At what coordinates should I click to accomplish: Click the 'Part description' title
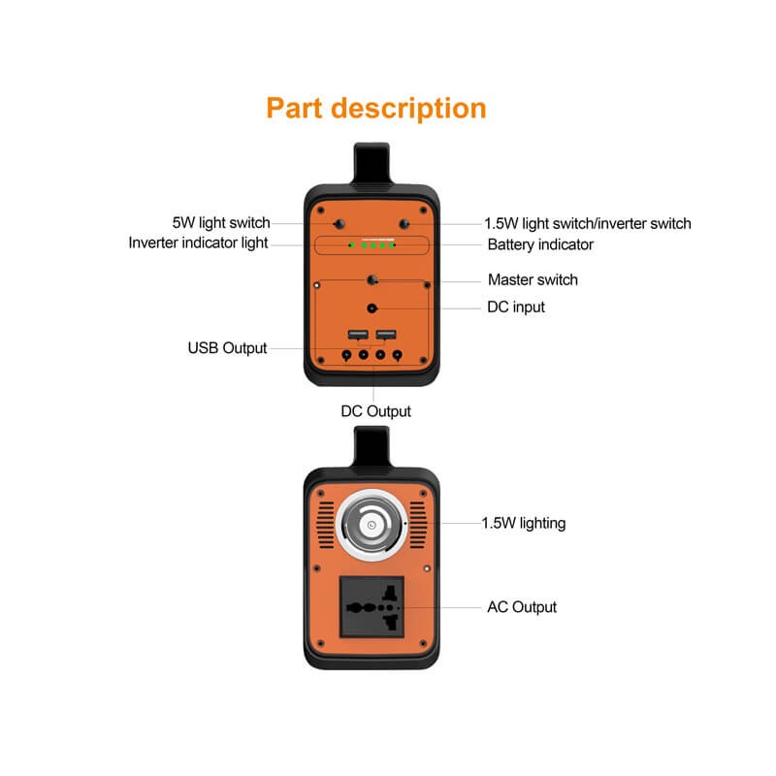coord(376,109)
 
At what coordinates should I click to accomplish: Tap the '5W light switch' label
coord(221,223)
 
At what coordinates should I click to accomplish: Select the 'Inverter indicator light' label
coord(198,243)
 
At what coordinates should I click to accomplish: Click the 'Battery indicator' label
coord(540,244)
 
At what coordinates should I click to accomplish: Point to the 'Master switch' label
coord(533,279)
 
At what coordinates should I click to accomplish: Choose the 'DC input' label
coord(516,307)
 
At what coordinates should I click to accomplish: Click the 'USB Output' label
coord(227,348)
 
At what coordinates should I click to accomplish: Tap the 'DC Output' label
coord(375,411)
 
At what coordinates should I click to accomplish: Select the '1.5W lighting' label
coord(524,523)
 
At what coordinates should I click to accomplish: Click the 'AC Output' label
coord(522,607)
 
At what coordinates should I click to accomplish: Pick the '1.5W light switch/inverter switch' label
coord(588,224)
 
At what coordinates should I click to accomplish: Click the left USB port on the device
coord(358,334)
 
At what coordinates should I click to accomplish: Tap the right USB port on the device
coord(386,334)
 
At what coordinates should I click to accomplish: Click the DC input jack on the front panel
coord(372,308)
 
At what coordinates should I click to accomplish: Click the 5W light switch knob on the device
coord(339,224)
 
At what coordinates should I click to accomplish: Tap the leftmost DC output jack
coord(346,355)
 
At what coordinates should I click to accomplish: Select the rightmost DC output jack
coord(397,355)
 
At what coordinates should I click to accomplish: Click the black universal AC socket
coord(372,607)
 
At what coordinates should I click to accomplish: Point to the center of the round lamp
coord(372,525)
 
